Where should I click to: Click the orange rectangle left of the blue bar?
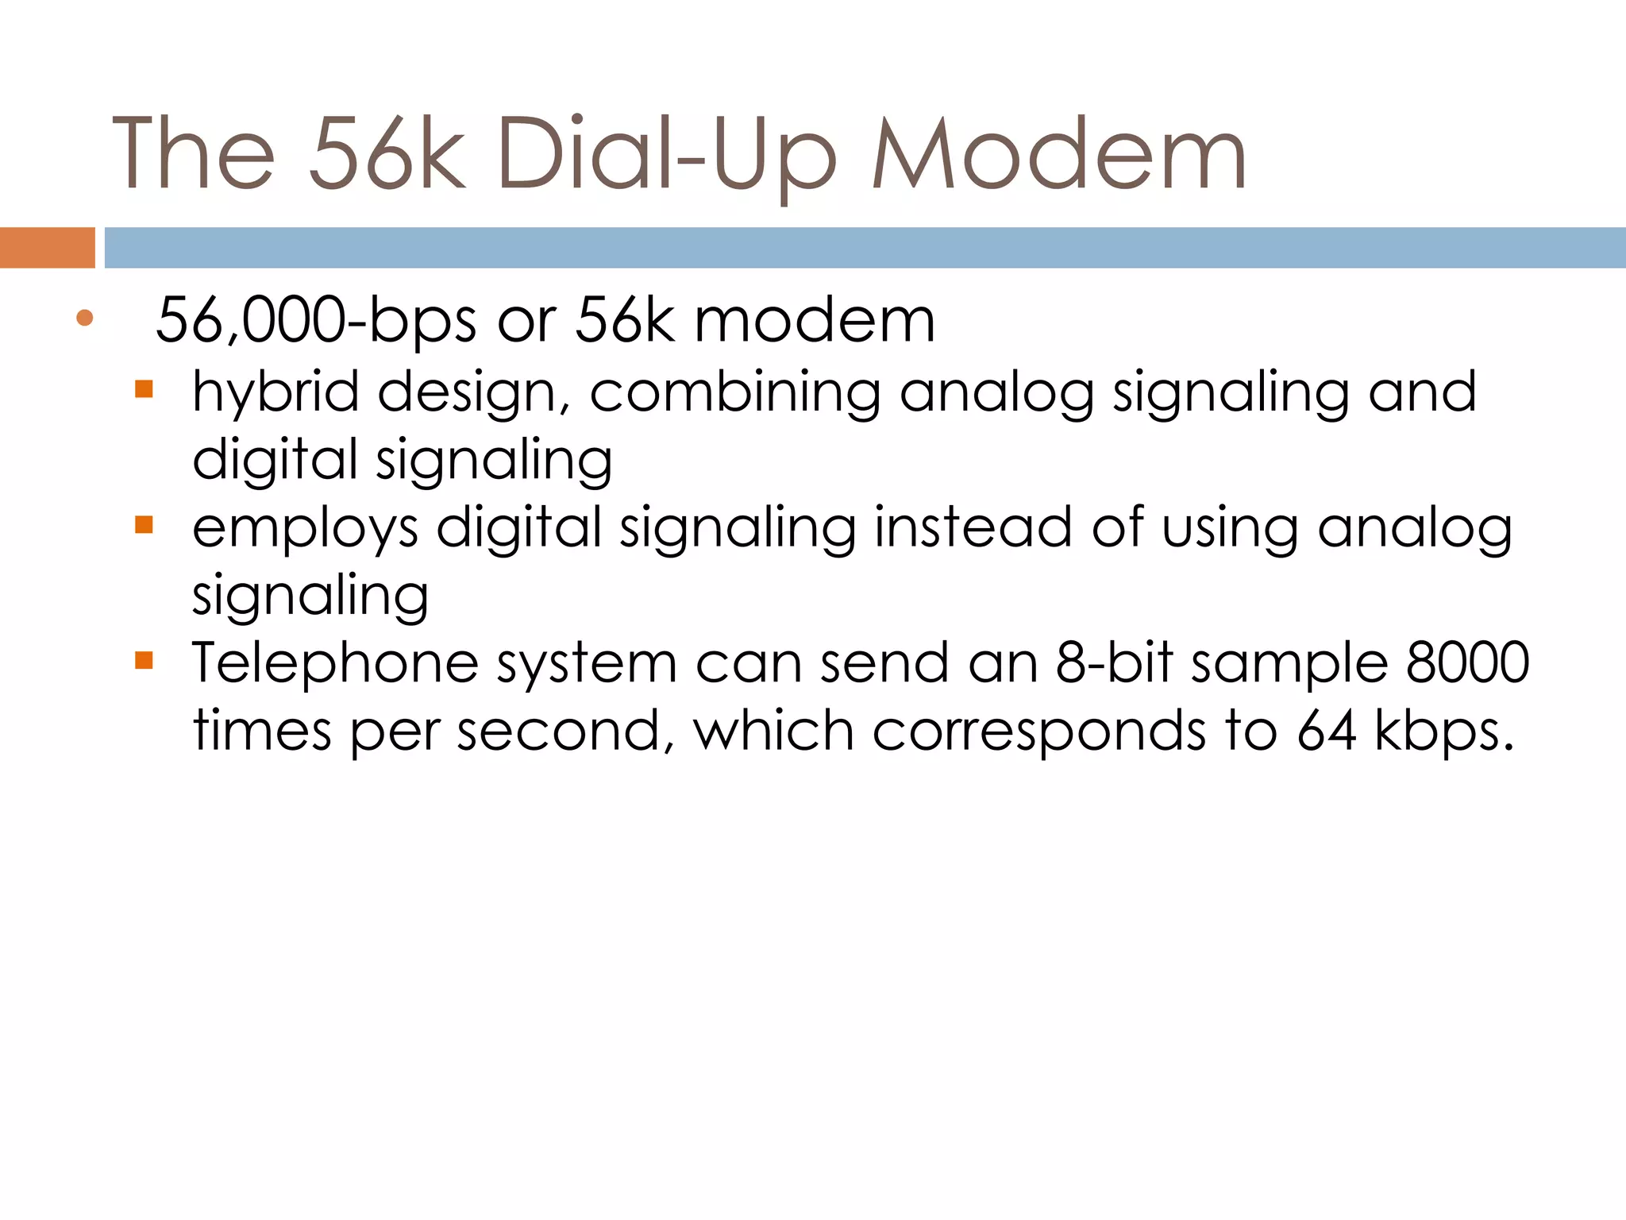(x=47, y=248)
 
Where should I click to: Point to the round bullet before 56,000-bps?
(x=85, y=319)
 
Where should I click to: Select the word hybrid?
(x=275, y=392)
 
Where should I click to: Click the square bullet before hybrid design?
(x=144, y=389)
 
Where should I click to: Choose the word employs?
(x=305, y=529)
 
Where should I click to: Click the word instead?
(x=973, y=527)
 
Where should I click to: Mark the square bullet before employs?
(x=144, y=525)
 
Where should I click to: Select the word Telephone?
(x=335, y=664)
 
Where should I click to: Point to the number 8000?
(x=1467, y=662)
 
